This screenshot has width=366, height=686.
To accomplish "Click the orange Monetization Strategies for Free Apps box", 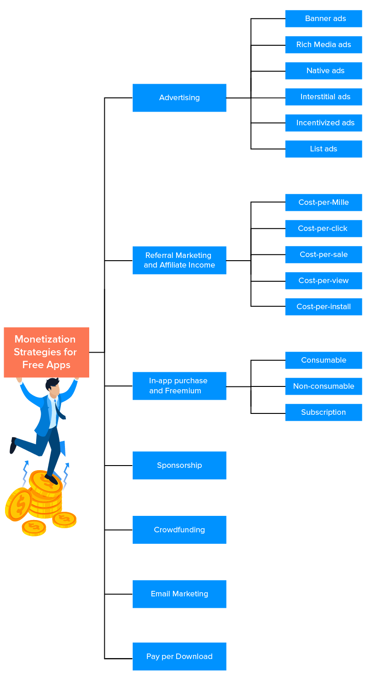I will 46,352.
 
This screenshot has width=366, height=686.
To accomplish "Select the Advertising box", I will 179,97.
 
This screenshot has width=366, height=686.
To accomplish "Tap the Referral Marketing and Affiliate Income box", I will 179,260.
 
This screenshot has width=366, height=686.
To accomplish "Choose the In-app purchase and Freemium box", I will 179,386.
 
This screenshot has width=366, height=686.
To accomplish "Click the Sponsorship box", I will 179,465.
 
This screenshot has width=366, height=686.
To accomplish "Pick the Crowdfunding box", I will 179,530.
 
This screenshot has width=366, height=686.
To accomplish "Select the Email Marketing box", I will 179,594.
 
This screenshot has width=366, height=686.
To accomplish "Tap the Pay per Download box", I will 179,656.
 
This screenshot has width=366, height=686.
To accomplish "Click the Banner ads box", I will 323,19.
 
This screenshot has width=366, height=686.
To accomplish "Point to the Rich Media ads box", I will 323,45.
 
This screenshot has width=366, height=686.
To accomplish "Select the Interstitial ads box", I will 323,97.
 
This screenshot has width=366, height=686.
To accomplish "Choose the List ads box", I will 323,149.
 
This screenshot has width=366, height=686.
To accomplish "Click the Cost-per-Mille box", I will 323,202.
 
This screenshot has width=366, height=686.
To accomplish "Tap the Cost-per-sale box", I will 323,254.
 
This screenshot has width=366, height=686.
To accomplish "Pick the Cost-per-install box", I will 323,306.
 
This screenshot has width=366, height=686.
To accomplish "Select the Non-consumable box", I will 323,386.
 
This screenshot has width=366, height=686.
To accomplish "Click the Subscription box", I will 323,412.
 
